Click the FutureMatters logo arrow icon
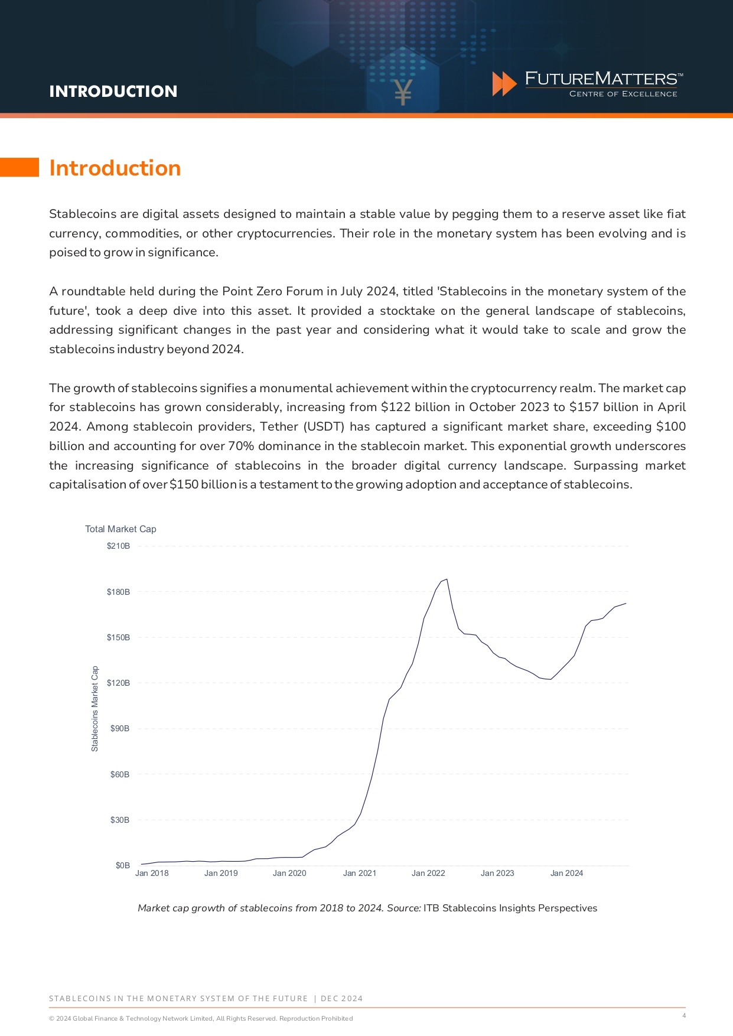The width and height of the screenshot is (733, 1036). click(504, 84)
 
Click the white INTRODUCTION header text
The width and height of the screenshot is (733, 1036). click(113, 92)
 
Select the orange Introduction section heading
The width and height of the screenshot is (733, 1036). click(115, 168)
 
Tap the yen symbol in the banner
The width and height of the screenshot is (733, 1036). click(403, 92)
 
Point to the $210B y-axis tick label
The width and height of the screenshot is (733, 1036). click(118, 546)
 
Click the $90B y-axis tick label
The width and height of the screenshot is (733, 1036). click(120, 728)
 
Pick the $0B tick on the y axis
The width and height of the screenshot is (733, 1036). click(122, 865)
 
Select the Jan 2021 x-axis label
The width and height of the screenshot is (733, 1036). click(359, 873)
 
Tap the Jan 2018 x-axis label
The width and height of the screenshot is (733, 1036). click(152, 873)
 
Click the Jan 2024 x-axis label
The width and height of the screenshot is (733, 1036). click(566, 873)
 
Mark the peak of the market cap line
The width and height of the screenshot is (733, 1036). click(447, 579)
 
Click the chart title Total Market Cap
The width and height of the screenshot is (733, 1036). click(120, 529)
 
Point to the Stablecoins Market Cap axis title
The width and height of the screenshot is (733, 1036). click(95, 709)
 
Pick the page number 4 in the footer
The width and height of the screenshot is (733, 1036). click(684, 1015)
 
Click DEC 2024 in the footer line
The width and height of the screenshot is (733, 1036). click(341, 998)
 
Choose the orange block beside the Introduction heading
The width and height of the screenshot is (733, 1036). click(19, 167)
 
